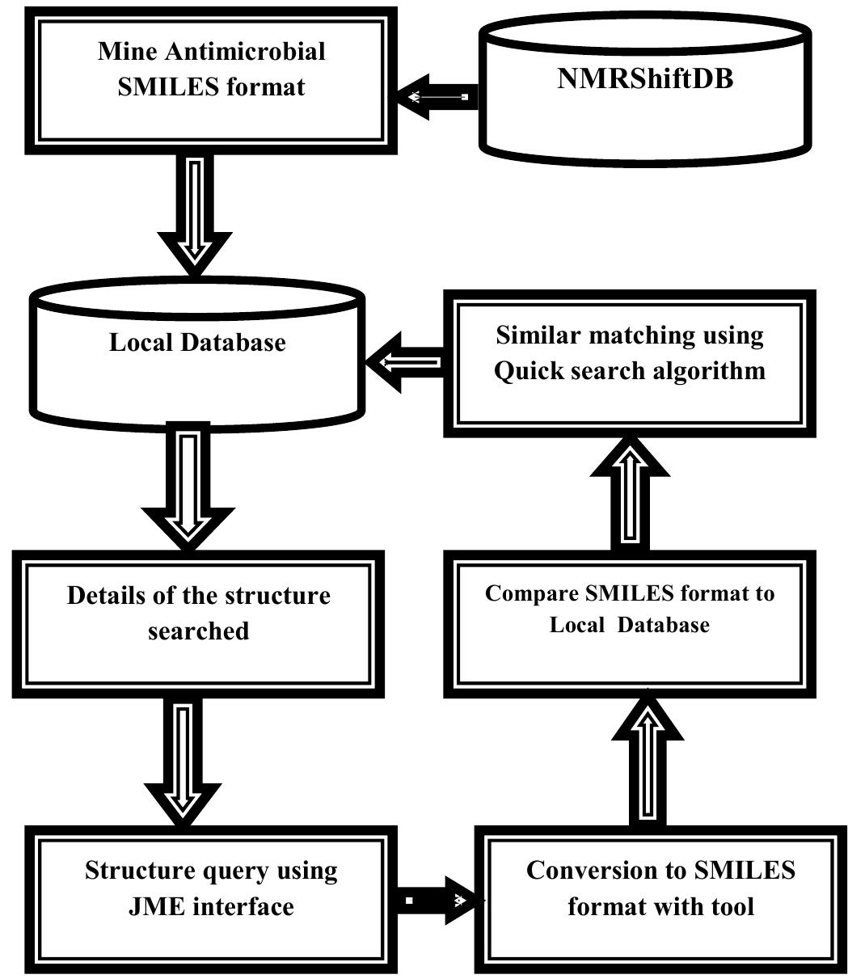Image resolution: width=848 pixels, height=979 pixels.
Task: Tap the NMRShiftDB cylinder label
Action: click(x=645, y=78)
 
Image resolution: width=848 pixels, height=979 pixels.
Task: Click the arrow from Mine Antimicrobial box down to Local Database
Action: click(x=195, y=213)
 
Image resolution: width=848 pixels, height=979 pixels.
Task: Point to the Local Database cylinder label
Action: click(x=197, y=342)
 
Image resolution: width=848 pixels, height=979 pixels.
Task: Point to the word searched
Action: click(x=198, y=631)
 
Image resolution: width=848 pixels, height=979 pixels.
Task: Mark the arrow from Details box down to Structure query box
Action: click(x=184, y=760)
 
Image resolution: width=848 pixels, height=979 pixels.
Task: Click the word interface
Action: click(x=244, y=906)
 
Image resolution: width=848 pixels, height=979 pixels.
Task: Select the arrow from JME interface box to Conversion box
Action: click(x=437, y=900)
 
